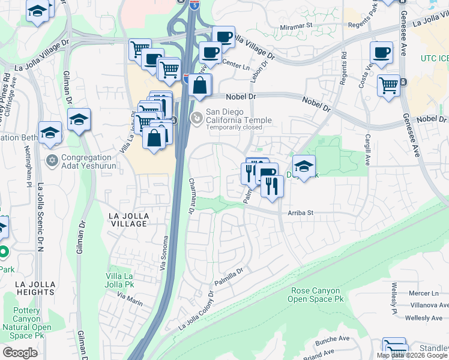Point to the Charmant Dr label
pos(191,196)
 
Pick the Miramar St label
pos(297,26)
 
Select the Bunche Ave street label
pos(336,339)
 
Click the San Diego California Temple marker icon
pos(196,117)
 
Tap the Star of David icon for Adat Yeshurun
pos(52,161)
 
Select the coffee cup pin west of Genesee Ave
pos(381,52)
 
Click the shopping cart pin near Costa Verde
pos(389,85)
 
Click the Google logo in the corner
pos(20,353)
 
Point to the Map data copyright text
pos(412,355)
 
